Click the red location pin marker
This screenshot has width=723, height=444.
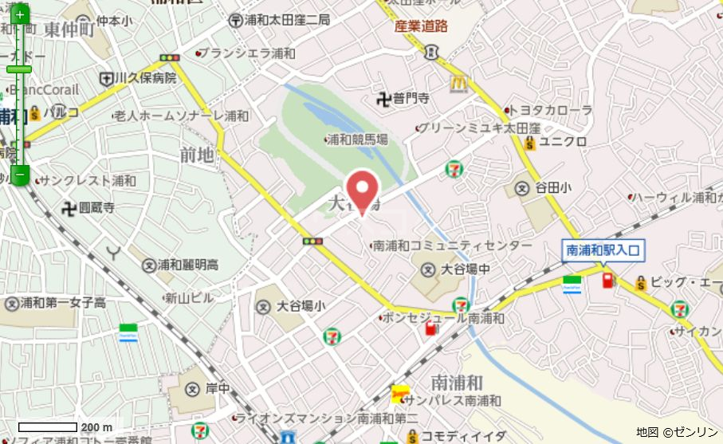pyautogui.click(x=363, y=190)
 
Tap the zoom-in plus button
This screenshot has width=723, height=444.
pyautogui.click(x=20, y=15)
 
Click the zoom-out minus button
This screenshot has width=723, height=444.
pyautogui.click(x=20, y=175)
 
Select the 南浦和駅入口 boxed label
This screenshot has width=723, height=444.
pyautogui.click(x=603, y=250)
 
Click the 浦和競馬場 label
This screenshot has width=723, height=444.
pyautogui.click(x=360, y=139)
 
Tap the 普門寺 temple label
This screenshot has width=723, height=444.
pyautogui.click(x=410, y=99)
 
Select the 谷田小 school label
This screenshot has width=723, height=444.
pyautogui.click(x=552, y=188)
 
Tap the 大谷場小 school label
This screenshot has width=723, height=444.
pyautogui.click(x=301, y=306)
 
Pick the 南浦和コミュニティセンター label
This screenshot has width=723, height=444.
pyautogui.click(x=451, y=246)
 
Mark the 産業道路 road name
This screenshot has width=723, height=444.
pyautogui.click(x=421, y=26)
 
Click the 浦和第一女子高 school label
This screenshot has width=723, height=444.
pyautogui.click(x=63, y=303)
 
